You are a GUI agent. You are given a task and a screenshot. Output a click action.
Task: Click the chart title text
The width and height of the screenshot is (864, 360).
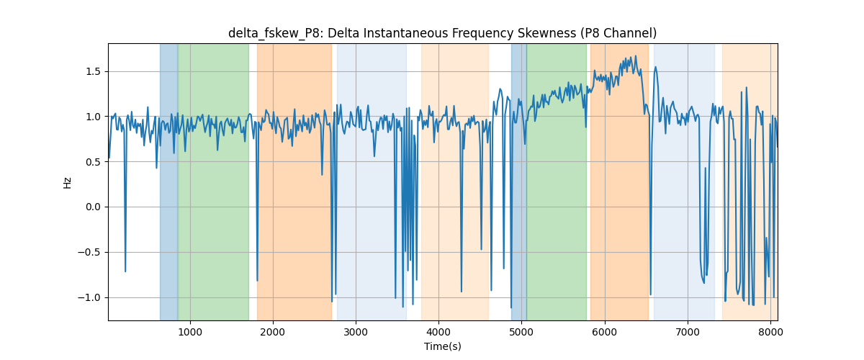(x=442, y=33)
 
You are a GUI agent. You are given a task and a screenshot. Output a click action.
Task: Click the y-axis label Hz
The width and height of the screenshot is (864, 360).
(x=67, y=182)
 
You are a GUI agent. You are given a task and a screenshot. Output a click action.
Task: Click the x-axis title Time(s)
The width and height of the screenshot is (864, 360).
(x=442, y=346)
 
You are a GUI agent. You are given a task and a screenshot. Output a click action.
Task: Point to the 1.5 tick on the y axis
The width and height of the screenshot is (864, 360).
(x=93, y=72)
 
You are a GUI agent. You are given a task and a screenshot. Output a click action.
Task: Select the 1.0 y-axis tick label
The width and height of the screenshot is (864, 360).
(x=93, y=117)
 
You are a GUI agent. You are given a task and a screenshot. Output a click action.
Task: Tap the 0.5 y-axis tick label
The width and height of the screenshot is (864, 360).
(x=93, y=162)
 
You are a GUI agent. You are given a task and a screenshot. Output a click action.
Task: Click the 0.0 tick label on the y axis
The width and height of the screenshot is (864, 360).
(x=93, y=207)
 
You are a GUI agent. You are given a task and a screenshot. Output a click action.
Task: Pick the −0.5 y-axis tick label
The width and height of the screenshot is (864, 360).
(x=89, y=252)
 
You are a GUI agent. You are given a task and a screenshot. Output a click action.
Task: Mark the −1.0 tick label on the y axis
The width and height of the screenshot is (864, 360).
(x=89, y=297)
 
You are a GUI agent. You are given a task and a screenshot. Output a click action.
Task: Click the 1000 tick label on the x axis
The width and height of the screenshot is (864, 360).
(x=190, y=332)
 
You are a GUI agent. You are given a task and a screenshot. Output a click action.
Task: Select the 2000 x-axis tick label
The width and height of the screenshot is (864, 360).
(x=273, y=332)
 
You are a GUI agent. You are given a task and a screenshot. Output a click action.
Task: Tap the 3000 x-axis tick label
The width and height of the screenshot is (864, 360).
(x=356, y=332)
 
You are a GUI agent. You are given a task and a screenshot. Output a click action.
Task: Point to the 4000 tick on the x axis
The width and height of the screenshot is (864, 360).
(x=439, y=332)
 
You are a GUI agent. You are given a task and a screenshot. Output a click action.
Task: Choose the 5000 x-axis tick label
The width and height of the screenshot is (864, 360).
(x=522, y=332)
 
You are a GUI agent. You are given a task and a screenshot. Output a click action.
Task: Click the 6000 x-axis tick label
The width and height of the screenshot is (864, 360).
(x=605, y=332)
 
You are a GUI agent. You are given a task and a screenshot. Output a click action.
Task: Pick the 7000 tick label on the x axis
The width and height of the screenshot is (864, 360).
(x=688, y=332)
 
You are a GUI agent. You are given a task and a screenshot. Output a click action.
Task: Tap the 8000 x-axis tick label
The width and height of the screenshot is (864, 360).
(x=770, y=332)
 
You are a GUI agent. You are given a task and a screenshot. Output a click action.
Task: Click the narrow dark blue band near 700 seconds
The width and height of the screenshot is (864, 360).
(x=169, y=181)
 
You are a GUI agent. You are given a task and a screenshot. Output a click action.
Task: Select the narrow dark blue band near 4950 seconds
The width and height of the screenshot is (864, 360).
(x=519, y=181)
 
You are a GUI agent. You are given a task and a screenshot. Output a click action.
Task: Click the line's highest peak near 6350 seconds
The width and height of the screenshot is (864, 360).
(x=636, y=56)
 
